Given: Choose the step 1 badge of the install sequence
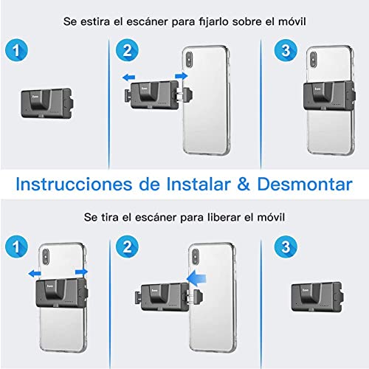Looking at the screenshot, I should (18, 51).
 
